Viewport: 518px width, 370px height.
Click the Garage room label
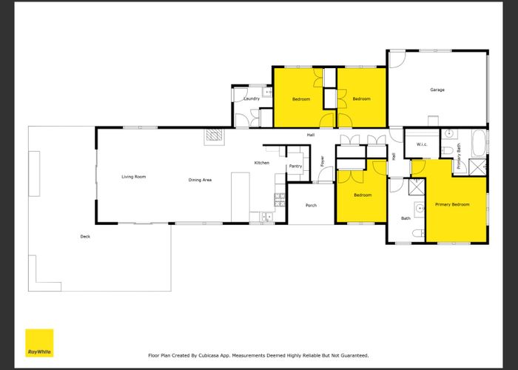pyautogui.click(x=437, y=90)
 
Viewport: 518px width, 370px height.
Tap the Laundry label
pyautogui.click(x=252, y=98)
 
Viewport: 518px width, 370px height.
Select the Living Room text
pyautogui.click(x=133, y=177)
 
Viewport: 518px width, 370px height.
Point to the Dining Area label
pyautogui.click(x=200, y=180)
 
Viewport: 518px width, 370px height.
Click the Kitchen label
pyautogui.click(x=262, y=163)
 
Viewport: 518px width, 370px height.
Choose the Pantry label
pyautogui.click(x=295, y=166)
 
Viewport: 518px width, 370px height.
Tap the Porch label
pyautogui.click(x=311, y=205)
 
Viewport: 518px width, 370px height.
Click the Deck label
pyautogui.click(x=85, y=236)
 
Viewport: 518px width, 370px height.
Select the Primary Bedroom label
pyautogui.click(x=452, y=204)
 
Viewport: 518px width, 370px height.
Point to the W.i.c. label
pyautogui.click(x=422, y=144)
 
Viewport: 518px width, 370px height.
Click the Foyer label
pyautogui.click(x=323, y=161)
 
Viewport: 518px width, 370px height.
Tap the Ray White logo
pyautogui.click(x=39, y=343)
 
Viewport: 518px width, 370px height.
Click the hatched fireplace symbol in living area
pyautogui.click(x=214, y=135)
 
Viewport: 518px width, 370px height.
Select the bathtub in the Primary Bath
pyautogui.click(x=478, y=143)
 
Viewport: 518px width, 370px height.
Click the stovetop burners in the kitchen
pyautogui.click(x=280, y=200)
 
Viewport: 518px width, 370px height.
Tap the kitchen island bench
pyautogui.click(x=240, y=198)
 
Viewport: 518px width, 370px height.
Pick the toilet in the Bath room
pyautogui.click(x=418, y=234)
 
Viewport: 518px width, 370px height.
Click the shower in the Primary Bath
pyautogui.click(x=478, y=167)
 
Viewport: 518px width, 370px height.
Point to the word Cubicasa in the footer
pyautogui.click(x=209, y=355)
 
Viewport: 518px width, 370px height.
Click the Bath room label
pyautogui.click(x=406, y=218)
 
